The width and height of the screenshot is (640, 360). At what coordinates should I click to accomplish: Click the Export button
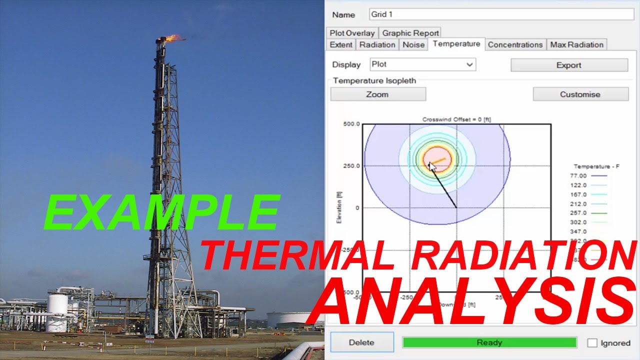pyautogui.click(x=568, y=65)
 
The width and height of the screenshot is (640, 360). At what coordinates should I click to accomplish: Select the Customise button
pyautogui.click(x=580, y=94)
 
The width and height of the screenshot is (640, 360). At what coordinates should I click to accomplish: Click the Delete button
pyautogui.click(x=361, y=342)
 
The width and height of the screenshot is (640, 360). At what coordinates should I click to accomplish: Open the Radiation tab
pyautogui.click(x=377, y=44)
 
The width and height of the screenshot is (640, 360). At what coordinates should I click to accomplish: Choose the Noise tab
pyautogui.click(x=413, y=44)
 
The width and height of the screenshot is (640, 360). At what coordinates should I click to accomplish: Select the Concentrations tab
pyautogui.click(x=515, y=44)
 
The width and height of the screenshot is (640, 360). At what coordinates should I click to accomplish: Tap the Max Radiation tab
pyautogui.click(x=576, y=44)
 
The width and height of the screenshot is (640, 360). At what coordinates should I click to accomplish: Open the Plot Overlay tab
pyautogui.click(x=352, y=33)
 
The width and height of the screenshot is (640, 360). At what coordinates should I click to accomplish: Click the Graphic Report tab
pyautogui.click(x=410, y=33)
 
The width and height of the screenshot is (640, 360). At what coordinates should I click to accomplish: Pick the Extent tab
pyautogui.click(x=341, y=44)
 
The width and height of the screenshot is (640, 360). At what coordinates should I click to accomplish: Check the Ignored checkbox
pyautogui.click(x=592, y=343)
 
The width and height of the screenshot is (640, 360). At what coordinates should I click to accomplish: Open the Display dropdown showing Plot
pyautogui.click(x=422, y=64)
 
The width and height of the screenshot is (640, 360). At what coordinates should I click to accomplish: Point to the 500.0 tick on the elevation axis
pyautogui.click(x=351, y=124)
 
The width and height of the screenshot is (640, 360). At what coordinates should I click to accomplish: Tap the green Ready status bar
pyautogui.click(x=489, y=342)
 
